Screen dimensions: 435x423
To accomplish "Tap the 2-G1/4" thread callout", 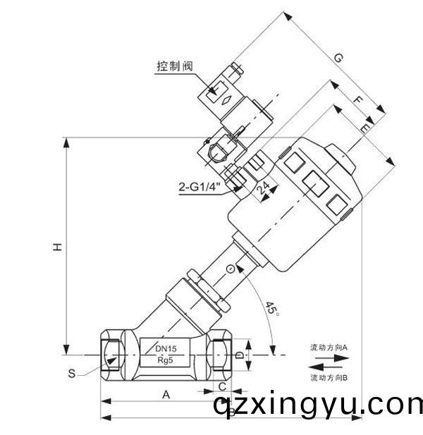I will pyautogui.click(x=200, y=187).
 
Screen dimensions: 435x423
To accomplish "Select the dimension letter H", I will pyautogui.click(x=58, y=246).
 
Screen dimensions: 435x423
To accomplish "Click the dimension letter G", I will pyautogui.click(x=339, y=59).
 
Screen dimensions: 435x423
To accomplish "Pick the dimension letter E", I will pyautogui.click(x=365, y=128).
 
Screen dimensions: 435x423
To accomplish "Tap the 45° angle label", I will pyautogui.click(x=271, y=308).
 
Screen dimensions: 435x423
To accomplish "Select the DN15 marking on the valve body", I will pyautogui.click(x=166, y=348).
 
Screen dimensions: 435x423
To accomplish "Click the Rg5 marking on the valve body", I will pyautogui.click(x=166, y=360).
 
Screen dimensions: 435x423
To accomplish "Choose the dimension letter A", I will pyautogui.click(x=166, y=395).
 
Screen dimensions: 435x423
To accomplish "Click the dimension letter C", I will pyautogui.click(x=222, y=386).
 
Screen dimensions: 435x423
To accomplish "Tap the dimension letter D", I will pyautogui.click(x=238, y=353).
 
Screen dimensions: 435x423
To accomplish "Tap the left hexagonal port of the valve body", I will pyautogui.click(x=109, y=353).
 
